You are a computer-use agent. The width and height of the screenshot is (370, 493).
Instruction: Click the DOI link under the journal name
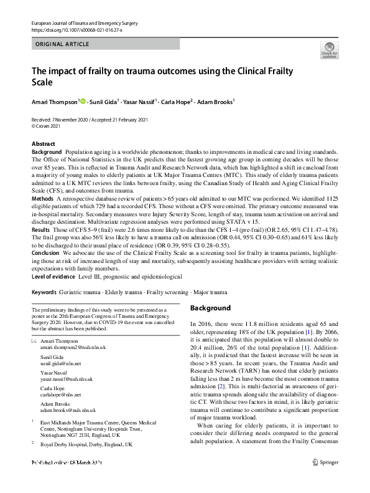(76, 30)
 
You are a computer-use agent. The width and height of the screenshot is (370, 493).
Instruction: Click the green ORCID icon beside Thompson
(83, 100)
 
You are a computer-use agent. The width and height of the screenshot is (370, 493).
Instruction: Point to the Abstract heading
(44, 144)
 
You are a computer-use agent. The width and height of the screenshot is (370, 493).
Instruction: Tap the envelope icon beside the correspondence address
(34, 342)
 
